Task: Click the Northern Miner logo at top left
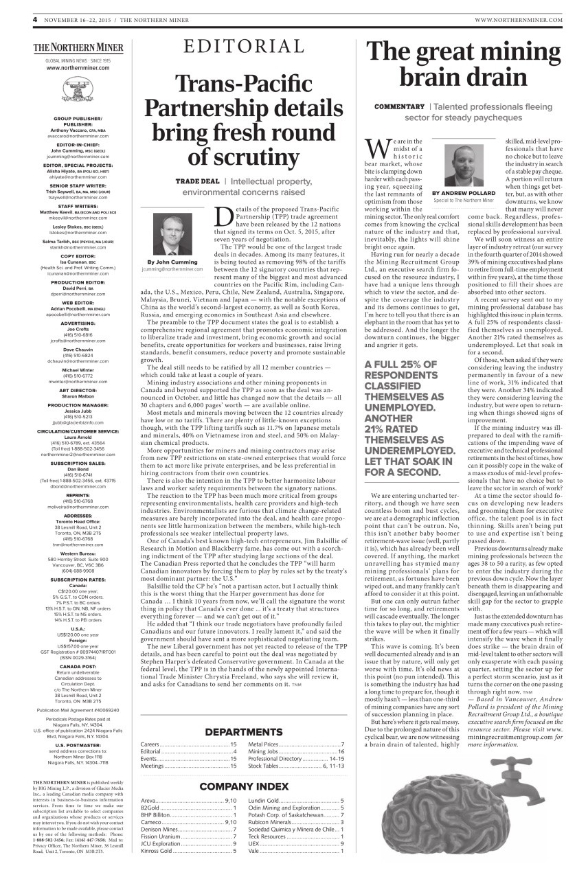78,48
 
